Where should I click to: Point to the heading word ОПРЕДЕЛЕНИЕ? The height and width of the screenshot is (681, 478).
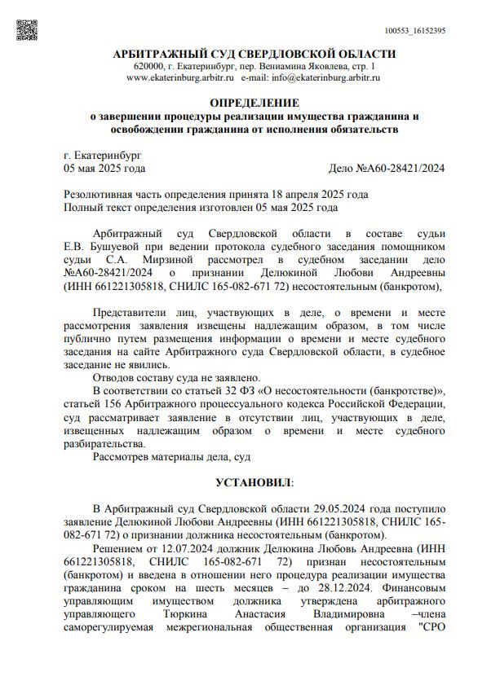click(254, 103)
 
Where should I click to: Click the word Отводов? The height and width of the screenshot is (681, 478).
click(117, 377)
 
